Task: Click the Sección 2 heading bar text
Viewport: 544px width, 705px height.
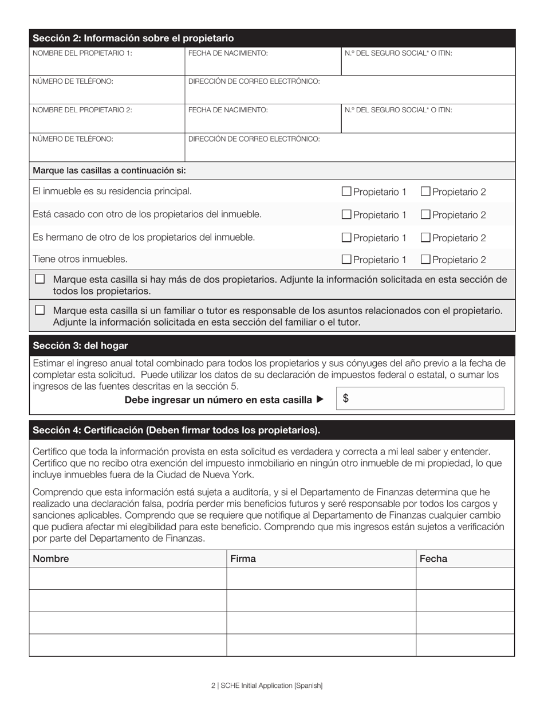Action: pyautogui.click(x=133, y=38)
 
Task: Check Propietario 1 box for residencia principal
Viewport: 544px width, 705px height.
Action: pyautogui.click(x=346, y=191)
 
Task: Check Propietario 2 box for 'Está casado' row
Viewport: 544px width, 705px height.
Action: pyautogui.click(x=425, y=214)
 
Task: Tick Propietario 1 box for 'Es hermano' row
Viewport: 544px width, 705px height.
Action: pyautogui.click(x=346, y=237)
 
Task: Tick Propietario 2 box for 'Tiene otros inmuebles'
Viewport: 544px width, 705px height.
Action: pyautogui.click(x=425, y=259)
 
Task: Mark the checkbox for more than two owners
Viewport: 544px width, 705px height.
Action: pyautogui.click(x=40, y=279)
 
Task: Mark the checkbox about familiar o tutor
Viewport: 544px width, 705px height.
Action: pyautogui.click(x=40, y=310)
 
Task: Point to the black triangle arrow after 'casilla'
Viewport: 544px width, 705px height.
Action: pyautogui.click(x=320, y=399)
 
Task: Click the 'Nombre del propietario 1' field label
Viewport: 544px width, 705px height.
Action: pyautogui.click(x=82, y=53)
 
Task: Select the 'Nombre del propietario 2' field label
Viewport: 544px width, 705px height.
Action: pyautogui.click(x=82, y=110)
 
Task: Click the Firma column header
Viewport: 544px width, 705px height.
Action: pyautogui.click(x=243, y=559)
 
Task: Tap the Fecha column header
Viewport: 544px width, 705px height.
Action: pyautogui.click(x=433, y=559)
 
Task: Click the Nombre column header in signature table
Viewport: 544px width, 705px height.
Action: pyautogui.click(x=51, y=559)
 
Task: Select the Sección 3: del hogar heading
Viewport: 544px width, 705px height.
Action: pyautogui.click(x=80, y=346)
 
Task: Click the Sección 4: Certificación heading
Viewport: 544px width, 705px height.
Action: pyautogui.click(x=176, y=430)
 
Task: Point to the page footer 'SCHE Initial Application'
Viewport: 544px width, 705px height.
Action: pyautogui.click(x=267, y=686)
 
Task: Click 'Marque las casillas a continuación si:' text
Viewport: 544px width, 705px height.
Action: pyautogui.click(x=109, y=171)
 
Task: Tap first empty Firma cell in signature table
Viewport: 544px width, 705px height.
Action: pyautogui.click(x=321, y=578)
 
